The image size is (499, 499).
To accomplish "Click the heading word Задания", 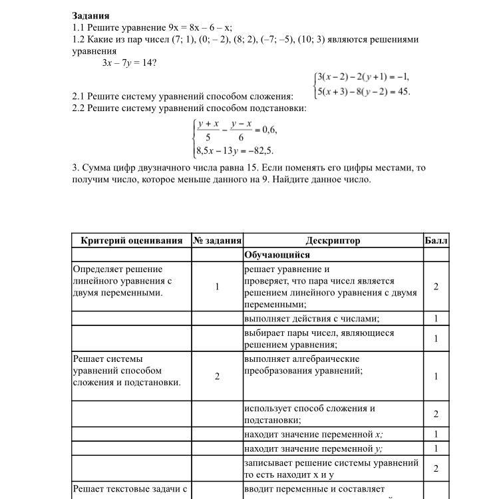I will coord(91,15).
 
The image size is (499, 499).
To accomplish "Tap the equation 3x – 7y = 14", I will coord(129,63).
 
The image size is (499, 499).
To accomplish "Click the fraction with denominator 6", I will coord(241,130).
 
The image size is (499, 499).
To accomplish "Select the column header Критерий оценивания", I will coord(131,240).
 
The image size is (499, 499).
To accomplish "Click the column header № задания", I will coord(217,240).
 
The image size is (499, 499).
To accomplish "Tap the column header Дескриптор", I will coord(333,240).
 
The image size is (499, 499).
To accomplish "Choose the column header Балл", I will coord(436,240).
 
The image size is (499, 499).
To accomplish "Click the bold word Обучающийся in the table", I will coord(277,255).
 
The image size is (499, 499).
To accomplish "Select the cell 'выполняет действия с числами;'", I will coord(311,319).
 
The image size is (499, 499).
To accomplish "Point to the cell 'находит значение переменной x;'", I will coord(313,434).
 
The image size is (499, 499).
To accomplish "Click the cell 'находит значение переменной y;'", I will coord(313,448).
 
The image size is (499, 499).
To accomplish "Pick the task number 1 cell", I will coord(217,287).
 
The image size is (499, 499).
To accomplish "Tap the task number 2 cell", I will coord(217,377).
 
